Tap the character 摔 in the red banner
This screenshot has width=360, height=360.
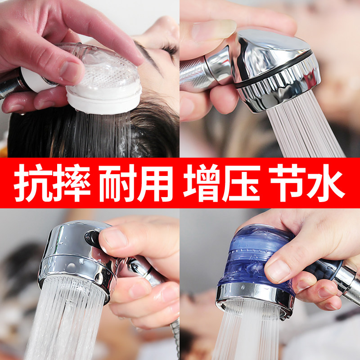(x=72, y=184)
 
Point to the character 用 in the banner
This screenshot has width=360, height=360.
(x=154, y=184)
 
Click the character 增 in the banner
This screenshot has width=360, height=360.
(x=202, y=184)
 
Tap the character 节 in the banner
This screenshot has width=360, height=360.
(x=287, y=184)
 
